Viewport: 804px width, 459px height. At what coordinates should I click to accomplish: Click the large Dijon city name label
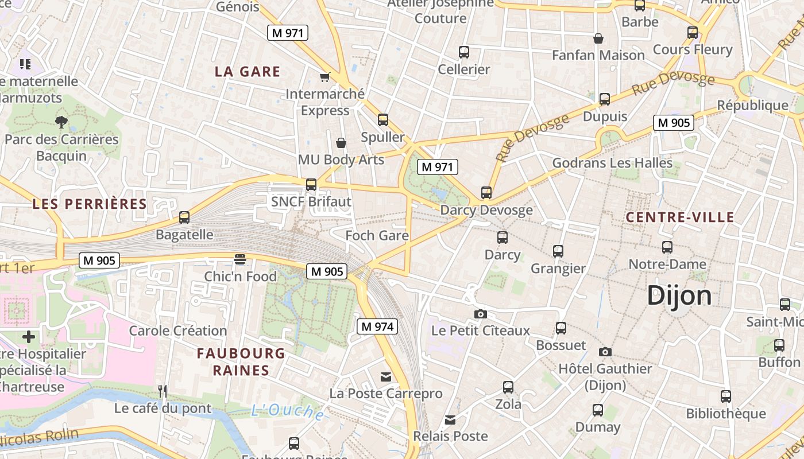(x=679, y=296)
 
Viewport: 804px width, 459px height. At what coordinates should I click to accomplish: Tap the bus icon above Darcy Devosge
(x=486, y=193)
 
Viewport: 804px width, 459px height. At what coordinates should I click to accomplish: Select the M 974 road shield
(x=377, y=326)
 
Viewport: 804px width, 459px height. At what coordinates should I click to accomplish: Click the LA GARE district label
(x=248, y=72)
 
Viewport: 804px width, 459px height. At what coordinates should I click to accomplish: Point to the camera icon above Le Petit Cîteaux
(x=481, y=314)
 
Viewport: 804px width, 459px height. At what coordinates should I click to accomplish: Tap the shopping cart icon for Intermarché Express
(x=324, y=77)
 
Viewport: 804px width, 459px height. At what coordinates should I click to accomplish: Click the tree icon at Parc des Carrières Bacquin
(x=61, y=122)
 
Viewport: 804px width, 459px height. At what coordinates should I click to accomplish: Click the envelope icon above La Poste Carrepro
(x=386, y=377)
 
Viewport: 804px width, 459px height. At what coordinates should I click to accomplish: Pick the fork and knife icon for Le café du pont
(x=163, y=391)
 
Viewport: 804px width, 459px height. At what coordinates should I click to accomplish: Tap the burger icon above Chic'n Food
(x=240, y=259)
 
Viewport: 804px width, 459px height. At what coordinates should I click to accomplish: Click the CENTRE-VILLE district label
(x=680, y=217)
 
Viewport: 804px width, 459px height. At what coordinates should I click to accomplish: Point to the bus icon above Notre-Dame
(x=667, y=247)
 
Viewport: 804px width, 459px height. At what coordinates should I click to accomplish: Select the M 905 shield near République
(x=673, y=122)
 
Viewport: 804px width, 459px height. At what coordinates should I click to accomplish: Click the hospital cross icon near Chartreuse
(x=29, y=337)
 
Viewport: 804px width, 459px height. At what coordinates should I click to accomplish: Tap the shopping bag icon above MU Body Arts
(x=341, y=142)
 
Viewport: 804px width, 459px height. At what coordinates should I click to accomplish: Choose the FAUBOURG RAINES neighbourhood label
(x=241, y=361)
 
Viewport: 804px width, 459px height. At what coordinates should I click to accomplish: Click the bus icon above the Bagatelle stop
(x=184, y=217)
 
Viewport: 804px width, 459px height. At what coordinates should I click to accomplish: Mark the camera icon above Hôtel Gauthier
(x=605, y=352)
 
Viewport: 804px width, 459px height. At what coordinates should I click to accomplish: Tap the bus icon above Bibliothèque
(x=726, y=396)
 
